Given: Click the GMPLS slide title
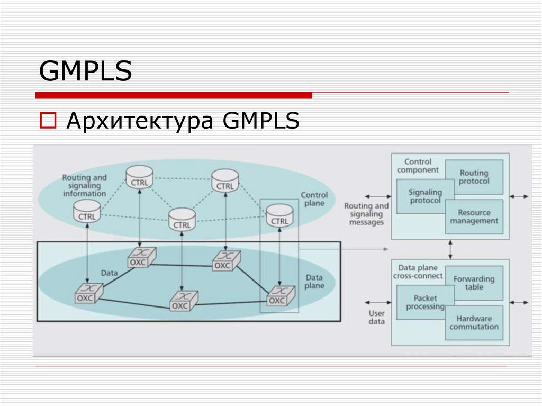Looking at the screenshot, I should pos(85,71).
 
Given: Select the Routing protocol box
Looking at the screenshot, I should pos(474,177).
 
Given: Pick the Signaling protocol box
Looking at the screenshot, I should pos(424,196).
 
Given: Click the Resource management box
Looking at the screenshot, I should pos(474,216).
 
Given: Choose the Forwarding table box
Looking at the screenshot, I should pos(474,283).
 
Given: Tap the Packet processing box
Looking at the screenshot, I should pos(424,303).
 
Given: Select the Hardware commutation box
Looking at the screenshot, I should pos(474,322).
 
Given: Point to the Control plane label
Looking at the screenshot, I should pos(314,199).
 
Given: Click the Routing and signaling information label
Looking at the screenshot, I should pos(84,185).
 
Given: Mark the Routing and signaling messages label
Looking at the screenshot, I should pos(366,214).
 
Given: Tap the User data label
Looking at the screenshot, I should pos(376,317).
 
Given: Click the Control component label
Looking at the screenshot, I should pos(418,166).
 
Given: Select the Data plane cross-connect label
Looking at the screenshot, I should pos(418,272).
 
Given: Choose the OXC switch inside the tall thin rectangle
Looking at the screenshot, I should pos(277,296).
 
